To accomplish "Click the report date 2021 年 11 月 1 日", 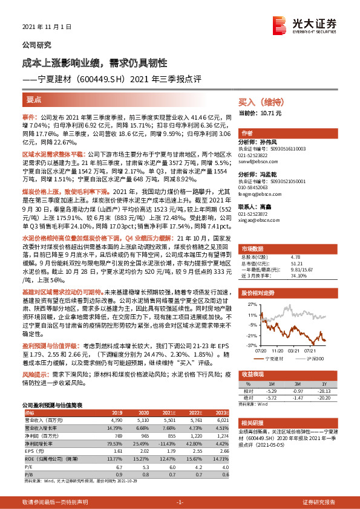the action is point(47,27).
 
